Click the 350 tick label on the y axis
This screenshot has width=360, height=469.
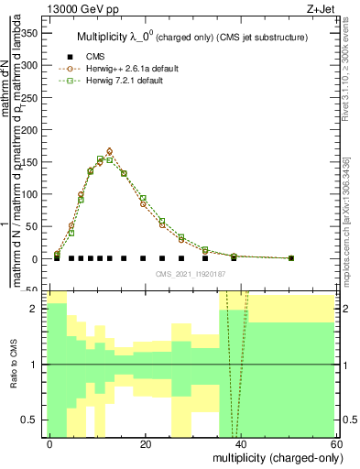coord(30,32)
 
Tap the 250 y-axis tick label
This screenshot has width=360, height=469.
coord(30,97)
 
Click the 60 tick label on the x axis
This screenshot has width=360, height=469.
coord(337,444)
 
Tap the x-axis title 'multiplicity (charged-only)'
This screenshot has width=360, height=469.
coord(273,456)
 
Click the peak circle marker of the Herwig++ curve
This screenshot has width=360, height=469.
coord(110,151)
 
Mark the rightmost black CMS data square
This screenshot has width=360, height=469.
coord(291,258)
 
